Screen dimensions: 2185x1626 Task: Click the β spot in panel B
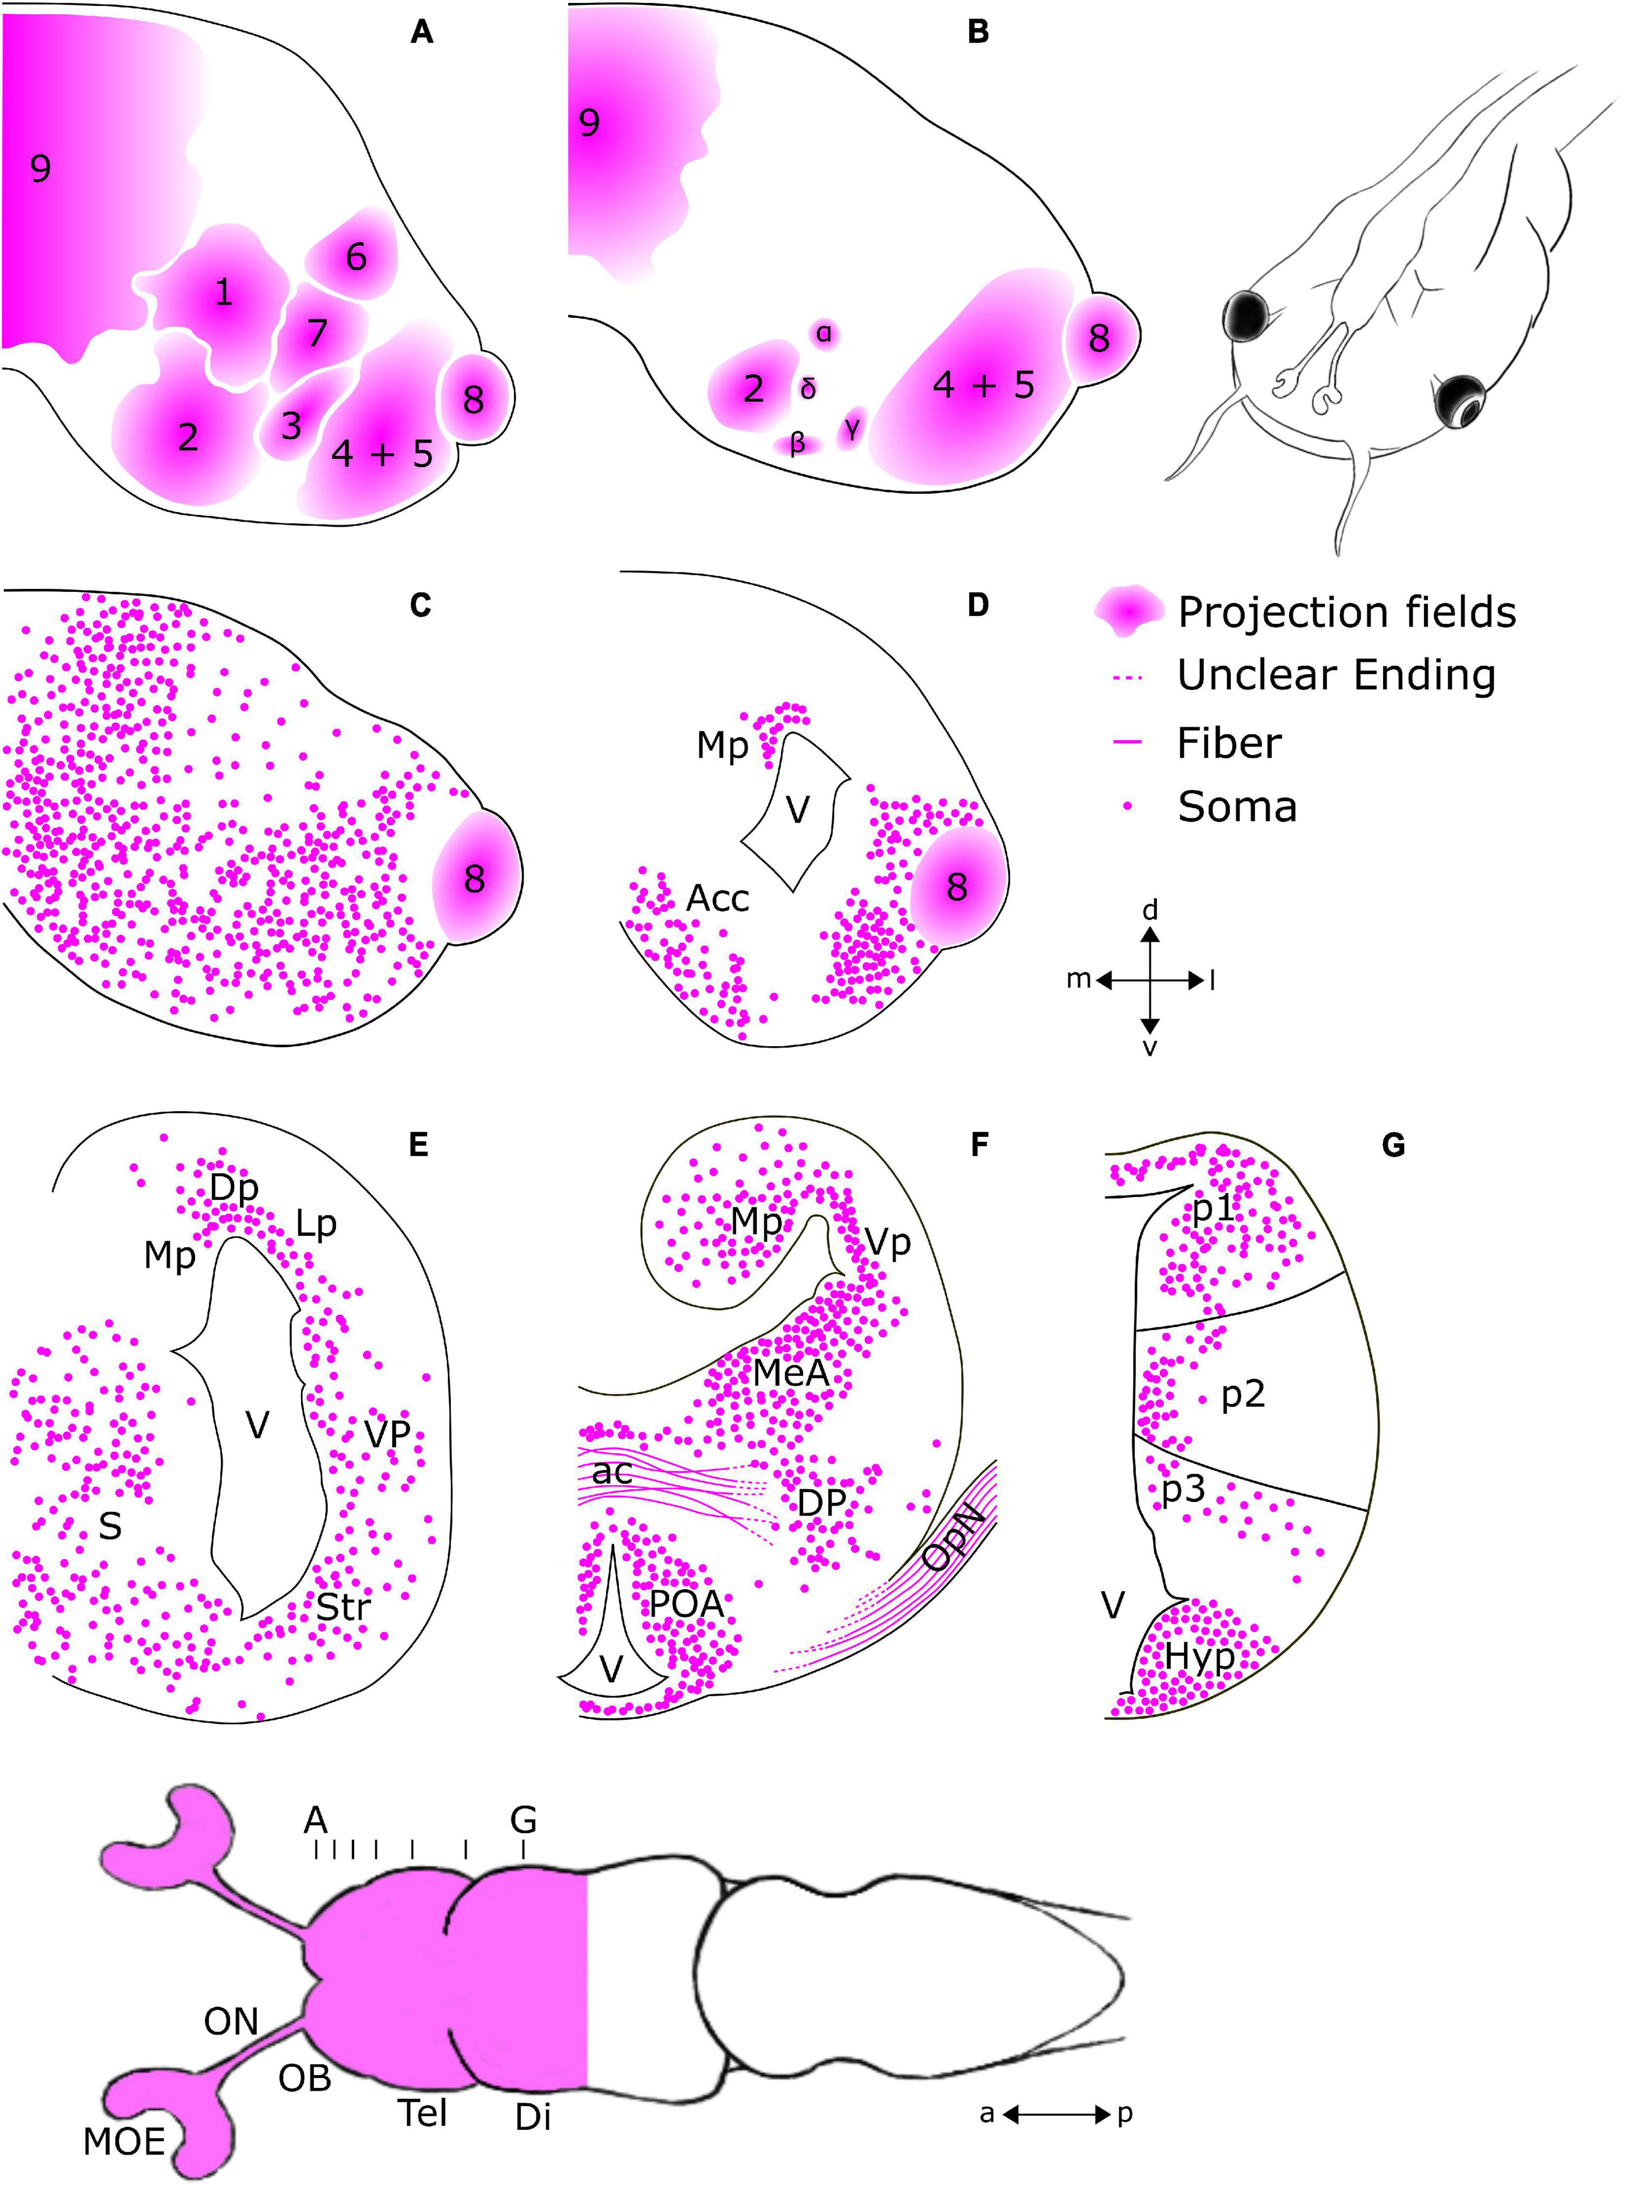coord(797,444)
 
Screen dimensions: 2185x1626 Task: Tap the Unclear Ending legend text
coord(1335,675)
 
